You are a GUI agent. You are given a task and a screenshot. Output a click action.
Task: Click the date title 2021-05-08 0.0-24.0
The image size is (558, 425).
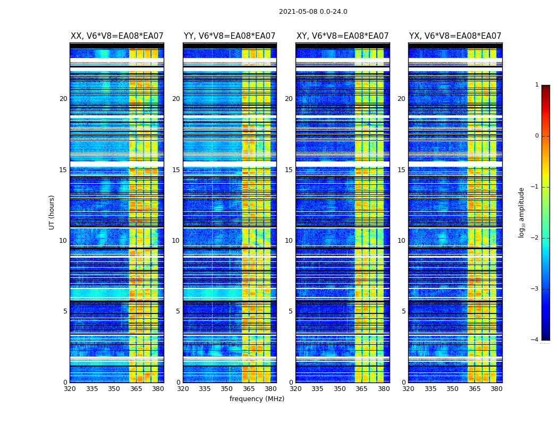313,12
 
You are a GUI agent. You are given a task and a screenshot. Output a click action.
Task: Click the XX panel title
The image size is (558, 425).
117,36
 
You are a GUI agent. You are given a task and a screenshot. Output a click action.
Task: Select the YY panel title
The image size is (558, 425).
230,36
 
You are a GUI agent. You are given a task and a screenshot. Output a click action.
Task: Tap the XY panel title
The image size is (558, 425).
342,36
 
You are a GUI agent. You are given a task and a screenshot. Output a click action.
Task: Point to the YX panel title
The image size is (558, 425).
455,36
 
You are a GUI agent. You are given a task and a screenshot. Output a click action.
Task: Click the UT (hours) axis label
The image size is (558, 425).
52,212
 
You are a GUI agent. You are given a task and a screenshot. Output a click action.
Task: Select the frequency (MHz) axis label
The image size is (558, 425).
257,399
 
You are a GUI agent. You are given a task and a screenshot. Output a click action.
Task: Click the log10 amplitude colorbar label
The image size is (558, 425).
522,212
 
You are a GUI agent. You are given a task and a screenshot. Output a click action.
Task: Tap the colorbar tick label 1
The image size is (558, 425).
537,85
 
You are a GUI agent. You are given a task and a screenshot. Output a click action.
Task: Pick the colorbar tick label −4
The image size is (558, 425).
535,340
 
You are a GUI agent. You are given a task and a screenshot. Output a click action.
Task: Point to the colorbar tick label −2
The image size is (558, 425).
535,238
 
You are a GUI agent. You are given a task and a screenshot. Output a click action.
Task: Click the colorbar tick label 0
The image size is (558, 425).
537,136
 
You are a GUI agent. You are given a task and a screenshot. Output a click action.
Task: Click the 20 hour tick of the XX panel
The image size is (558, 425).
63,99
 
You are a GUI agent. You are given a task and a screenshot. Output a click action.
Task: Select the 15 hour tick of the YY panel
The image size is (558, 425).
176,170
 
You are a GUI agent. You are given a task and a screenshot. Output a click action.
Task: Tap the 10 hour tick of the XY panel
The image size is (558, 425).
289,241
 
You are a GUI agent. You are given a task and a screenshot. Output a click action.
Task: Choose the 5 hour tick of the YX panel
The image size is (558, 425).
404,311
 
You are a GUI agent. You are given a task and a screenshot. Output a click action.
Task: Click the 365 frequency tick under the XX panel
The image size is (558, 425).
136,389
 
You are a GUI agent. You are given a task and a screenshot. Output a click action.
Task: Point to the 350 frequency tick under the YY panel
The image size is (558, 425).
227,389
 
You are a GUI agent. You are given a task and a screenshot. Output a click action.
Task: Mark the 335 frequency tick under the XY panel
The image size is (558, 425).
317,389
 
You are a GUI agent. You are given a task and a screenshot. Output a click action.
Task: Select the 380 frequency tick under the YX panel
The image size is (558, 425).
496,389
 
